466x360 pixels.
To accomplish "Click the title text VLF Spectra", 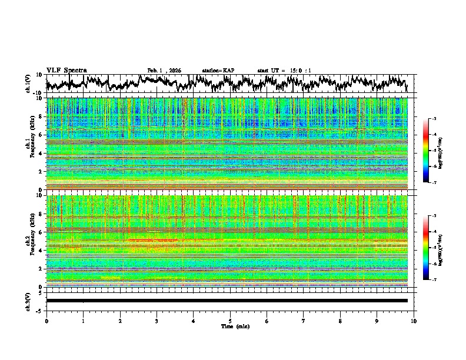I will coord(66,70).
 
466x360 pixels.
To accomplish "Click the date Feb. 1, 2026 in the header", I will coord(164,71).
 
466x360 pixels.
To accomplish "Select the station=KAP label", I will coord(218,71).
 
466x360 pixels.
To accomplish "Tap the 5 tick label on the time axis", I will coord(230,321).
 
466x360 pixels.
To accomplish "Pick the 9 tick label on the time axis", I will coord(377,321).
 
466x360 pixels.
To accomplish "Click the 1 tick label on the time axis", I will coord(83,321).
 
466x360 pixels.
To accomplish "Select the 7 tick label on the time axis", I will coord(304,321).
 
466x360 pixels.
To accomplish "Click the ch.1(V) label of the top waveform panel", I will coord(29,84).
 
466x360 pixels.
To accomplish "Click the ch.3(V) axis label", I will coord(29,300).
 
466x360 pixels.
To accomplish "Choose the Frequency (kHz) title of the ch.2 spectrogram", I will coord(33,241).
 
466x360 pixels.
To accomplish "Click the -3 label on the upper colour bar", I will coord(435,119).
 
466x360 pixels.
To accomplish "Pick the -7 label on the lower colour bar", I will coord(435,280).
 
